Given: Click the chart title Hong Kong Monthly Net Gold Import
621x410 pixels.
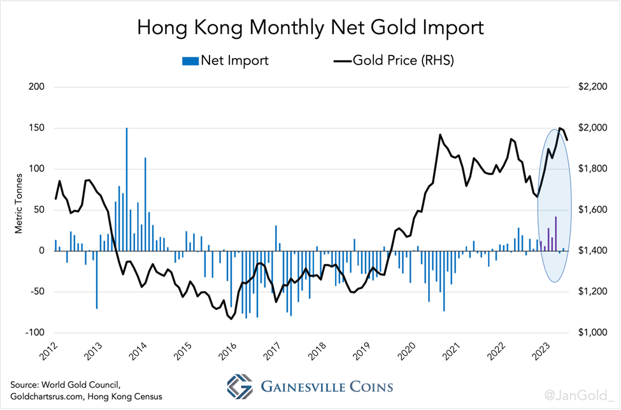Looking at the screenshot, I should point(311,28).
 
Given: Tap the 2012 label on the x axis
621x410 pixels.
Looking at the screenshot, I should point(48,351).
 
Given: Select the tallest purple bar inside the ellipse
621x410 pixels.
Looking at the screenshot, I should point(556,233).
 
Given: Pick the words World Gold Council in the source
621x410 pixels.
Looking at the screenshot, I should point(71,385).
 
